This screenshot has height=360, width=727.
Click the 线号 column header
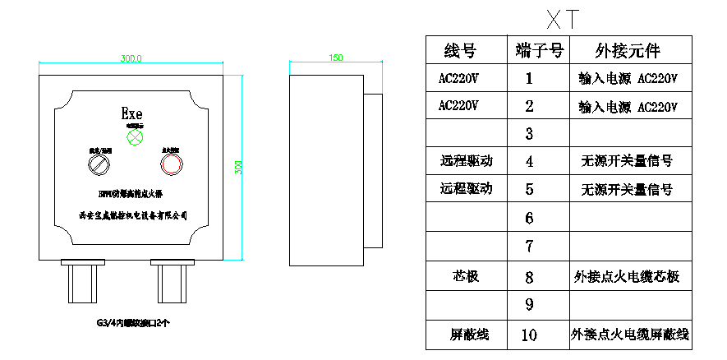pyautogui.click(x=459, y=50)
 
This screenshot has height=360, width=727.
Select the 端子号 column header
pyautogui.click(x=539, y=50)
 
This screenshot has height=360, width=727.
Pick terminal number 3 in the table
pyautogui.click(x=529, y=133)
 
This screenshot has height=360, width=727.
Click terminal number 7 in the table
pyautogui.click(x=529, y=246)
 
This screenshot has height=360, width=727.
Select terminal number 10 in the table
pyautogui.click(x=529, y=335)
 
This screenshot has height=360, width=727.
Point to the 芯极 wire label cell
pyautogui.click(x=465, y=276)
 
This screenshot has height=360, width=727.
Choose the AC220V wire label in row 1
pyautogui.click(x=459, y=79)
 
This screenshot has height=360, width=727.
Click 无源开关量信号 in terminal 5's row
pyautogui.click(x=628, y=189)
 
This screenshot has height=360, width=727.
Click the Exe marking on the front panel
pyautogui.click(x=131, y=113)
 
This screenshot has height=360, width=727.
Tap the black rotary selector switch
pyautogui.click(x=99, y=165)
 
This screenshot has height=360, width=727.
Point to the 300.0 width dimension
pyautogui.click(x=131, y=59)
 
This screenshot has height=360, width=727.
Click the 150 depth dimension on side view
pyautogui.click(x=335, y=59)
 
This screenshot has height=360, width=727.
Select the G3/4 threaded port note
pyautogui.click(x=131, y=323)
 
